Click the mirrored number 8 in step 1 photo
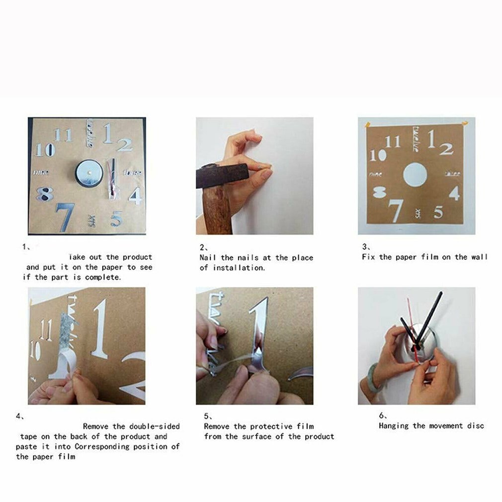(44, 194)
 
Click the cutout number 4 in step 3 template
(454, 193)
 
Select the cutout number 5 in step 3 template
(438, 212)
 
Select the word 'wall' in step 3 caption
(479, 257)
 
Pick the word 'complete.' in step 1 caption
(103, 277)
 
